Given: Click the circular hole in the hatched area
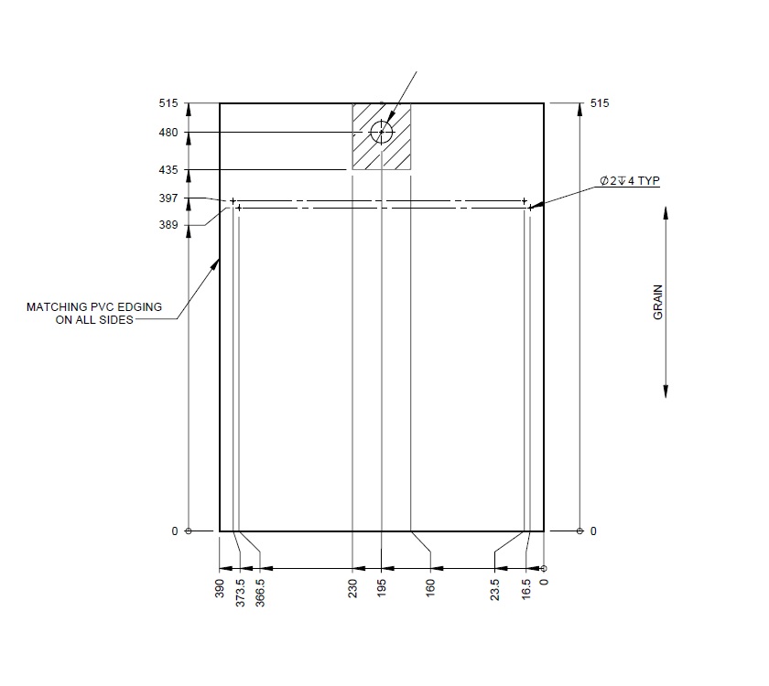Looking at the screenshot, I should pos(382,133).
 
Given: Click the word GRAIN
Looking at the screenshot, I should pos(657,302).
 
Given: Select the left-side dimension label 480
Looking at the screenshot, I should pos(168,133).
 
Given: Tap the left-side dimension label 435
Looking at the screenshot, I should pos(168,170).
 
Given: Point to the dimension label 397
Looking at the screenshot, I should pos(168,198).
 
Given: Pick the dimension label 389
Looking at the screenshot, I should pos(168,225).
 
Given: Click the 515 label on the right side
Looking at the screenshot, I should pos(600,103).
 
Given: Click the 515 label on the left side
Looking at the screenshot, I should pos(168,103).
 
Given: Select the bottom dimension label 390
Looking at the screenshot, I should pos(220,586).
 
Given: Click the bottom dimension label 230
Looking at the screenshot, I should pos(353,586).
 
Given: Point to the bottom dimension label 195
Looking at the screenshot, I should pos(382,586).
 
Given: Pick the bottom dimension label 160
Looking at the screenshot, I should pos(430,586).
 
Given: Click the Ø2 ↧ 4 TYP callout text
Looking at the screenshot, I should pos(630,182).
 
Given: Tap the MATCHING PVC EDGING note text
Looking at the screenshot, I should pos(94,314).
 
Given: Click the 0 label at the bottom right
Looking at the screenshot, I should pos(593,531).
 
